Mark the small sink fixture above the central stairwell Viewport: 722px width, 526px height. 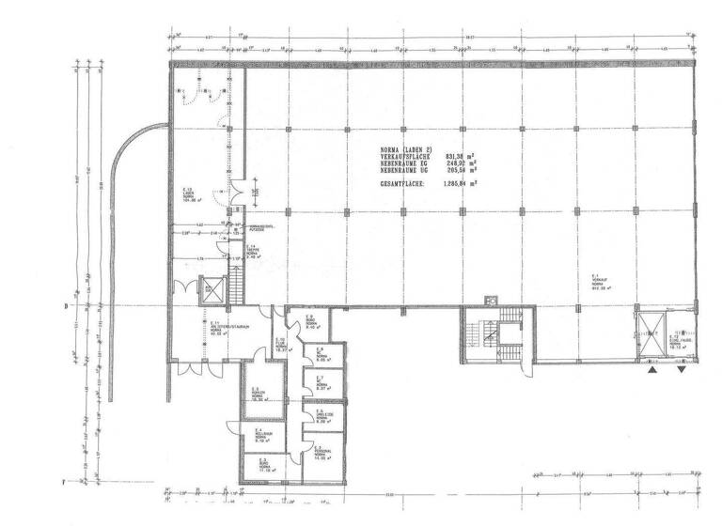click(490, 300)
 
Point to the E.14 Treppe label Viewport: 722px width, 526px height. click(252, 251)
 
